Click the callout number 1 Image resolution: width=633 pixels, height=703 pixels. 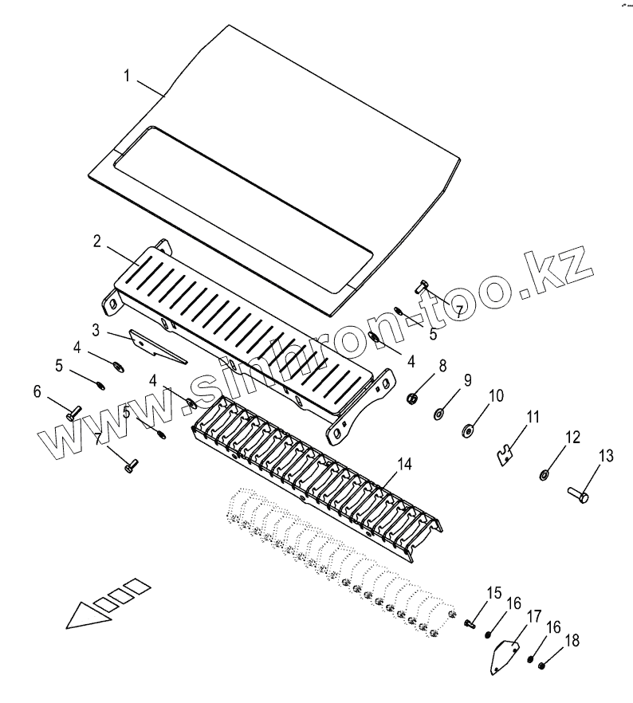[127, 77]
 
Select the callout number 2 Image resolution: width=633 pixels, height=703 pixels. [96, 242]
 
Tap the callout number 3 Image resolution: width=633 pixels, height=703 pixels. [95, 329]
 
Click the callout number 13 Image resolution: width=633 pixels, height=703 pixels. [607, 456]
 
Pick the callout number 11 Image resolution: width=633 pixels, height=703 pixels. [533, 416]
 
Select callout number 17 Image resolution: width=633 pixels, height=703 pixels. [533, 616]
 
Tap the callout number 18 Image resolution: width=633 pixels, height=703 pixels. [571, 640]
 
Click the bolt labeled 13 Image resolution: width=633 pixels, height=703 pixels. [578, 496]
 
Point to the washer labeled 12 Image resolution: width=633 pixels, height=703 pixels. [544, 476]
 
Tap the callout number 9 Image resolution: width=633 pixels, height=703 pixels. [468, 381]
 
